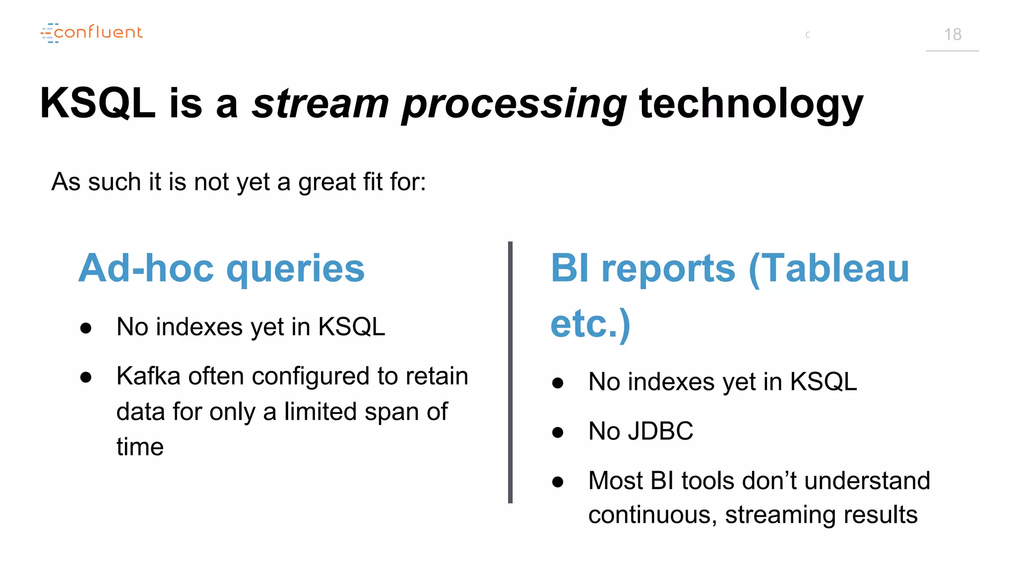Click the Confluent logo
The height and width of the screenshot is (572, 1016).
click(x=92, y=33)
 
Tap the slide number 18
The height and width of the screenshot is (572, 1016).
click(x=952, y=34)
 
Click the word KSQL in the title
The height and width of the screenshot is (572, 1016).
click(x=98, y=103)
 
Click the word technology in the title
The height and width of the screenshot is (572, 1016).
click(x=751, y=104)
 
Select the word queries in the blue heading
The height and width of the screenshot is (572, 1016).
click(x=295, y=269)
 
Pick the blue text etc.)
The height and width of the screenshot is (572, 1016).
click(x=590, y=324)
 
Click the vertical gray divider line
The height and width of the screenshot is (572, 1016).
click(x=510, y=372)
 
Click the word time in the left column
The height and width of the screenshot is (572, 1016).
click(x=140, y=446)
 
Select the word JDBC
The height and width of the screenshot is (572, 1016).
click(x=660, y=431)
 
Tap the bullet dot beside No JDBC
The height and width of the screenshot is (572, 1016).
click(x=558, y=432)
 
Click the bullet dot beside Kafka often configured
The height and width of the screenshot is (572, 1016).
click(x=86, y=377)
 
